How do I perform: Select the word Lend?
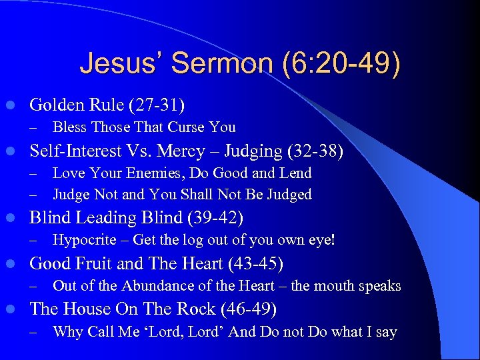(x=297, y=173)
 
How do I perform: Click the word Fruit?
(x=95, y=264)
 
